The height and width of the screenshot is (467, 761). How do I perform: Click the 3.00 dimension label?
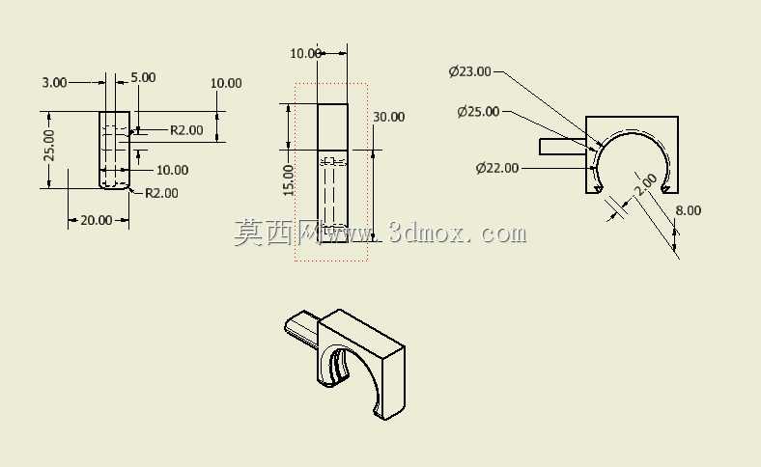click(x=54, y=82)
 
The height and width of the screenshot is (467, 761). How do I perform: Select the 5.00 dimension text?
click(x=143, y=77)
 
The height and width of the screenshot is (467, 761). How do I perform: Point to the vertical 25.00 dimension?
click(x=49, y=145)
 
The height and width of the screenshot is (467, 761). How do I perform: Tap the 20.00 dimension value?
click(x=97, y=220)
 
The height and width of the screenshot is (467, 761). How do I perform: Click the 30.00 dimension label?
click(x=389, y=117)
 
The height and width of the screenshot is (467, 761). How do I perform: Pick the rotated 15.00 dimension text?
click(x=289, y=179)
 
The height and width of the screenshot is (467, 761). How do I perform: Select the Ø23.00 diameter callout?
click(x=469, y=71)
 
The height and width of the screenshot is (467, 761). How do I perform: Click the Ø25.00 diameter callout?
click(x=478, y=112)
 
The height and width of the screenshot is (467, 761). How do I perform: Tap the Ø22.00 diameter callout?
click(x=497, y=168)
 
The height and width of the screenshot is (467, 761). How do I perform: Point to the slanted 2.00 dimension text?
click(x=646, y=184)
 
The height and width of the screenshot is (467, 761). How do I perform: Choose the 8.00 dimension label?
click(x=689, y=210)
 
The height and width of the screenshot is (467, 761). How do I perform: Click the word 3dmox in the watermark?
click(x=424, y=233)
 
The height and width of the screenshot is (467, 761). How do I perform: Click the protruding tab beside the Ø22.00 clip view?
click(x=562, y=147)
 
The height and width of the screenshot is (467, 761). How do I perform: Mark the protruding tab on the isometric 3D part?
click(x=301, y=326)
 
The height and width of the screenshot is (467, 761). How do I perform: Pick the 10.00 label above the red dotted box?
click(x=305, y=53)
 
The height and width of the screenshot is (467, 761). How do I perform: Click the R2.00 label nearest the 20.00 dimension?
click(x=161, y=193)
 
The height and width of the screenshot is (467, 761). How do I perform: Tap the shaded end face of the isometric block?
click(x=394, y=383)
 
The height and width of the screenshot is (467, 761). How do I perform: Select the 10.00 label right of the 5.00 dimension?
click(x=226, y=83)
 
